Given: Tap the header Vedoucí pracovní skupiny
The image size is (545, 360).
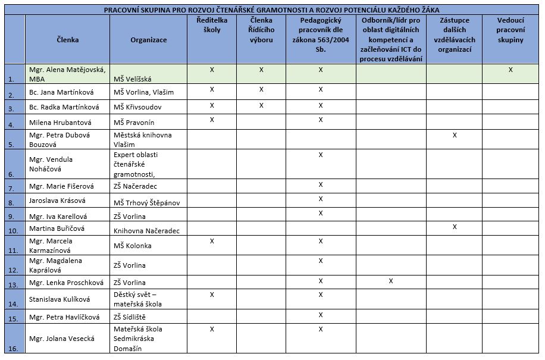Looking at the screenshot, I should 510,30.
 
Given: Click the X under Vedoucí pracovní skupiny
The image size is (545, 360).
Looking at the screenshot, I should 510,70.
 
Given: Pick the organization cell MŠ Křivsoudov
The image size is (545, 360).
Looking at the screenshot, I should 137,107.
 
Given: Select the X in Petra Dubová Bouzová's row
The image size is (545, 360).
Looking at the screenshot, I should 455,135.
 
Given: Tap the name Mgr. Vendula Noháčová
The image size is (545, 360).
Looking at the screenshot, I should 51,164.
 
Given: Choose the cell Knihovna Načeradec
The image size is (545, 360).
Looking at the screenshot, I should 146,230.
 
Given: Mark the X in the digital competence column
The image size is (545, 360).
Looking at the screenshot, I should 390,280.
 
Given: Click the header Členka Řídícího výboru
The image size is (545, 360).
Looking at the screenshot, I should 261,30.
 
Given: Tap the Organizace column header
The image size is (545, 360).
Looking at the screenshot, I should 148,40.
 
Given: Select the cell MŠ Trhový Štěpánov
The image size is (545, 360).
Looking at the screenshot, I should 146,202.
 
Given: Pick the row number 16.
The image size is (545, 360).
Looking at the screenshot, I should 13,349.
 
